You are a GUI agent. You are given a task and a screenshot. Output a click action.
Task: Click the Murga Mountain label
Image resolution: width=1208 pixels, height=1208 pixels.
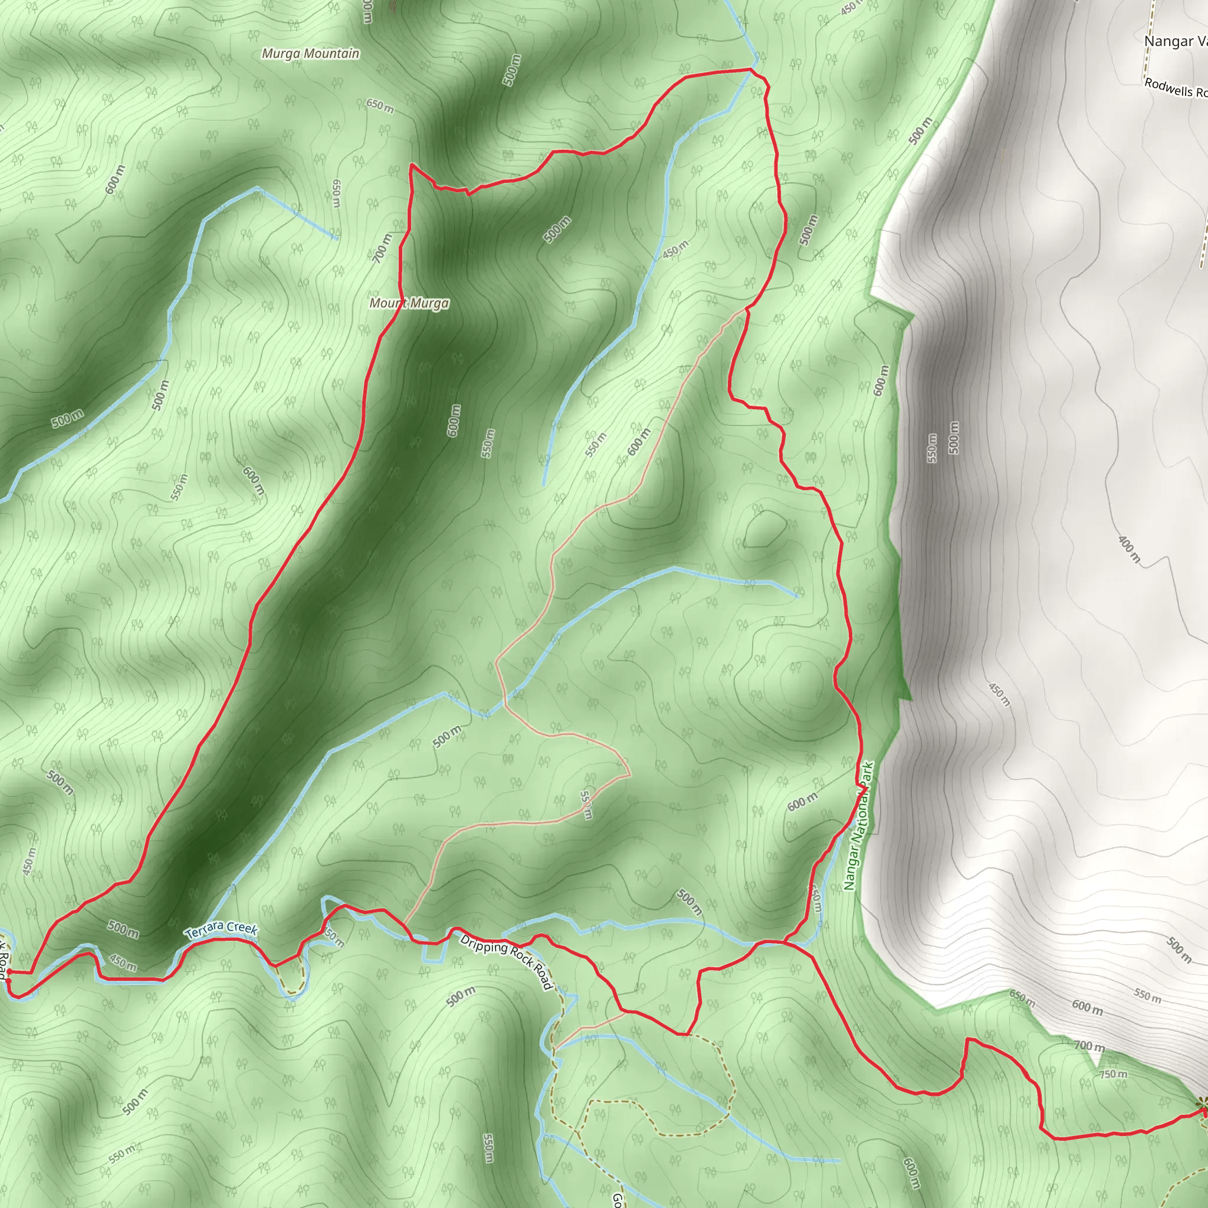(x=311, y=54)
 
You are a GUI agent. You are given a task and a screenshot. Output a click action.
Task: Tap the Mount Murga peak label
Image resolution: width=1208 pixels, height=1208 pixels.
(x=409, y=303)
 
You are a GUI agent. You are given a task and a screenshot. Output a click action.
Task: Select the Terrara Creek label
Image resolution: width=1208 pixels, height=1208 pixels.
(x=221, y=929)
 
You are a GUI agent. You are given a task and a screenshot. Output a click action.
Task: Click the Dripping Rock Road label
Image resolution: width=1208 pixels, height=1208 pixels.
(x=507, y=962)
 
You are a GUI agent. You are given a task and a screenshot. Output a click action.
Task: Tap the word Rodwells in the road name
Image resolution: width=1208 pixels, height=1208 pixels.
(x=1168, y=87)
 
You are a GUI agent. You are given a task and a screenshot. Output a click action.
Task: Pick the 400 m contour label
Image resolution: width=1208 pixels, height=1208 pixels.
(x=1129, y=549)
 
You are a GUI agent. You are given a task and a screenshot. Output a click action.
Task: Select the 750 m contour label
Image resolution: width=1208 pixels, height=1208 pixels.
(x=1114, y=1074)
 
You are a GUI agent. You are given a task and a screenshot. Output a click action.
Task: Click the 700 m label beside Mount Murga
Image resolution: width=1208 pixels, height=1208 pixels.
(x=383, y=248)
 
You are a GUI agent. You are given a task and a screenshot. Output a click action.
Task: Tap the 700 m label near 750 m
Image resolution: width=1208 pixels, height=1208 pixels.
(x=1089, y=1045)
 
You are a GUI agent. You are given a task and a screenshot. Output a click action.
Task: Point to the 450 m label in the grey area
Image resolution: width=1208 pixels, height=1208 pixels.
(x=999, y=694)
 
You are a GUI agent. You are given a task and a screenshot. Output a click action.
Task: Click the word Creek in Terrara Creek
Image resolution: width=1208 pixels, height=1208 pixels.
(x=241, y=928)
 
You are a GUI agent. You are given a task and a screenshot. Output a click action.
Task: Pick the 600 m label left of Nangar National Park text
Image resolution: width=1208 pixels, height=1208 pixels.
(x=802, y=802)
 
